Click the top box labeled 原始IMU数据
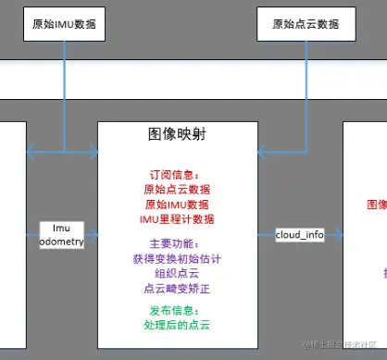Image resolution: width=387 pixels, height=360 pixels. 65,21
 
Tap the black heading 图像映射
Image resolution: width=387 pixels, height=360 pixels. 176,134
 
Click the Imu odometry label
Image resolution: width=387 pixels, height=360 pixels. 62,234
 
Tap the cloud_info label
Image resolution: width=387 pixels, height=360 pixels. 300,235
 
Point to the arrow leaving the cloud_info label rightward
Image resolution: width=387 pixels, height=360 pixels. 335,235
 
